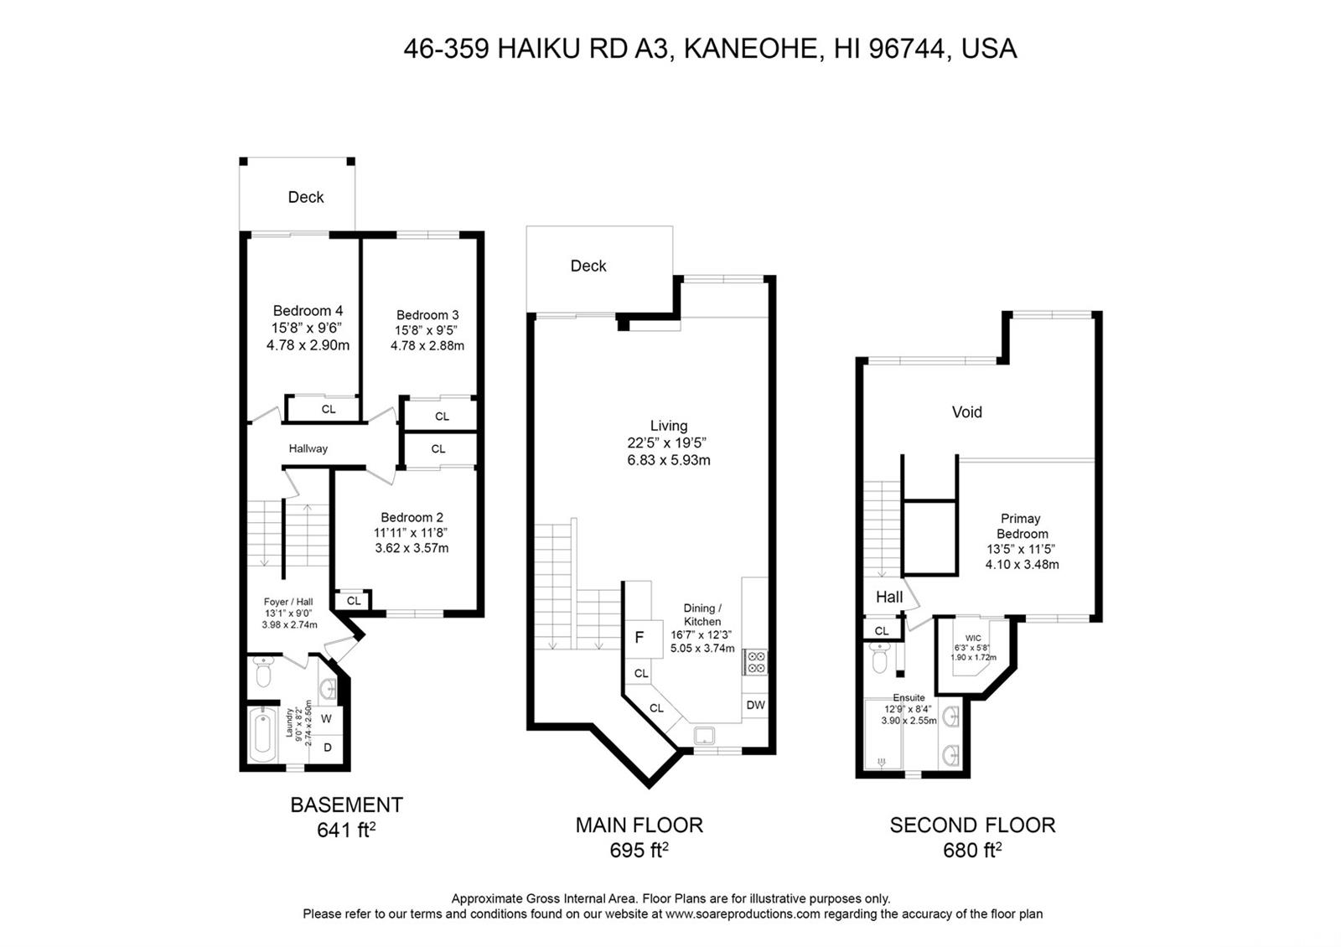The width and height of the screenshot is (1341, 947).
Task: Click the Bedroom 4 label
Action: pos(308,311)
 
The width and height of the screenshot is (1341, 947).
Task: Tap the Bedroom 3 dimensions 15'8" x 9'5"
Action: pos(426,330)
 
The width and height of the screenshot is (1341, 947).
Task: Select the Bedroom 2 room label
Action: pos(412,517)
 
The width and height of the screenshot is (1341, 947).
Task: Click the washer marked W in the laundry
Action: pos(326,718)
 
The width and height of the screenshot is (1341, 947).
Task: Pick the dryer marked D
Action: pos(328,748)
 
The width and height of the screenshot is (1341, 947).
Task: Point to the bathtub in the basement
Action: pos(262,735)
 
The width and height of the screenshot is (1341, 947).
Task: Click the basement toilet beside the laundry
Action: pos(263,671)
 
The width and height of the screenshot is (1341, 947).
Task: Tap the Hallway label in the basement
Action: pos(308,448)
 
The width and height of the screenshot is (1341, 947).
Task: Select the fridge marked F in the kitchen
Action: pos(639,638)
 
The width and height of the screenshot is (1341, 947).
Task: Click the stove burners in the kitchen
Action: pos(755,662)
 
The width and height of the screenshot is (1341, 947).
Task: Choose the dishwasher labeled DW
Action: pos(755,705)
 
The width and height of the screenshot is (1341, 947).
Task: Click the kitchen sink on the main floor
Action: pos(704,735)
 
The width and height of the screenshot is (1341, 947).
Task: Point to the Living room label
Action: pos(669,426)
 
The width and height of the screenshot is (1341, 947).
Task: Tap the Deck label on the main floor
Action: pos(588,266)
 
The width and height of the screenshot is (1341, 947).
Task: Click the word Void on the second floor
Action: pos(967,411)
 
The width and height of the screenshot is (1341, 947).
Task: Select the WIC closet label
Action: pos(973,638)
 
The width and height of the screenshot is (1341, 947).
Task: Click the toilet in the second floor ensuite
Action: pos(879,659)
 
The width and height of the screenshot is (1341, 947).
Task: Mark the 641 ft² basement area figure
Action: pos(346,830)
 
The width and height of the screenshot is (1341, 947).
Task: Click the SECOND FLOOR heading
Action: pos(972,825)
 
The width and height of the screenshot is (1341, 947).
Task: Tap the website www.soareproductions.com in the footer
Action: pos(743,914)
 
